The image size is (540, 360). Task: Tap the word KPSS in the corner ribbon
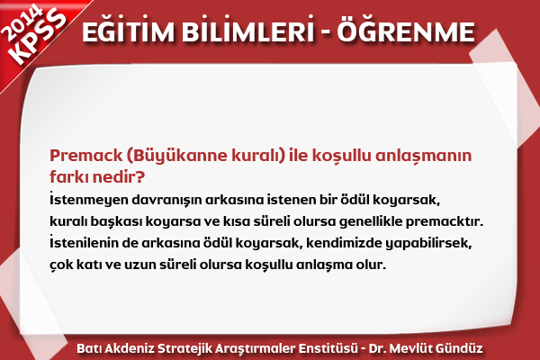coord(39,37)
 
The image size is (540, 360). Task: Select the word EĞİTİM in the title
coord(128,31)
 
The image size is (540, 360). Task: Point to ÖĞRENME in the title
coord(406,31)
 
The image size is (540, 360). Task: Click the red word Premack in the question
coord(86,156)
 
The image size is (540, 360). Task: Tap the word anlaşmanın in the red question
coord(423,157)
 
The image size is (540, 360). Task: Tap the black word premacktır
coord(445,222)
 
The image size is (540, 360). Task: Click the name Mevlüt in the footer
coord(410,348)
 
